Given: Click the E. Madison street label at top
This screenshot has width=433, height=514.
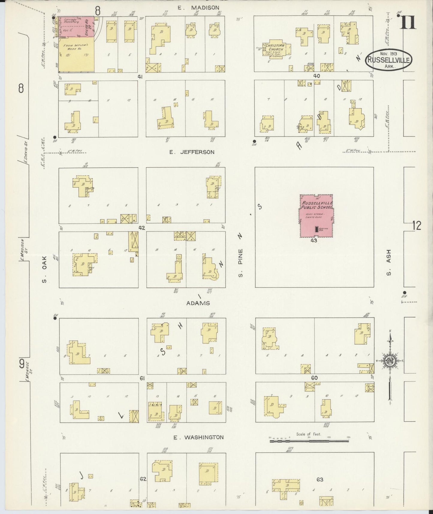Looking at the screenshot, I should [x=203, y=7].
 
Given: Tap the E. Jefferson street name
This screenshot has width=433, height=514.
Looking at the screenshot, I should [x=192, y=152].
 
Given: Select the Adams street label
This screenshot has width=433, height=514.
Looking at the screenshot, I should [x=198, y=303].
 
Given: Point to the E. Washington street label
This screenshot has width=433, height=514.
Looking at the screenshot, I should [x=199, y=437].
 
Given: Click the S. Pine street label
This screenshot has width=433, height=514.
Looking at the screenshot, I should [x=241, y=258].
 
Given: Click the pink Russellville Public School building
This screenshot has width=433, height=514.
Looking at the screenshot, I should [x=316, y=216].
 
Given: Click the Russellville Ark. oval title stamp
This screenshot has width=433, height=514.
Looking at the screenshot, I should [x=389, y=60].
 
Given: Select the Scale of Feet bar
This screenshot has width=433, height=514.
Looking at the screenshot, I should [x=309, y=441].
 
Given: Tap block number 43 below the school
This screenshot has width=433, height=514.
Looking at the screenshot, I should [x=314, y=241].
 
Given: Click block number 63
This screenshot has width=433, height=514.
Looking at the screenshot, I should [x=319, y=480].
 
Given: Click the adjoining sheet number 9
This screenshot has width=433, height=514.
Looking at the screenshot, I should [x=22, y=364].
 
